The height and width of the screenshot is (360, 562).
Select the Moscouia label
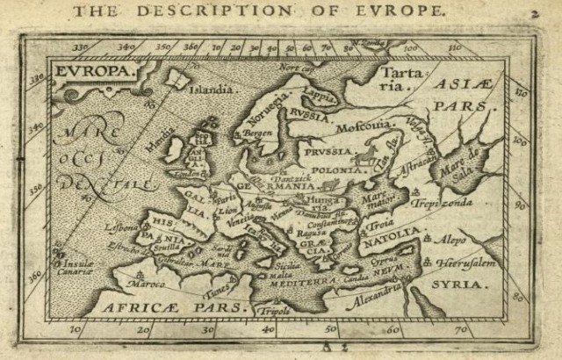367,126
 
